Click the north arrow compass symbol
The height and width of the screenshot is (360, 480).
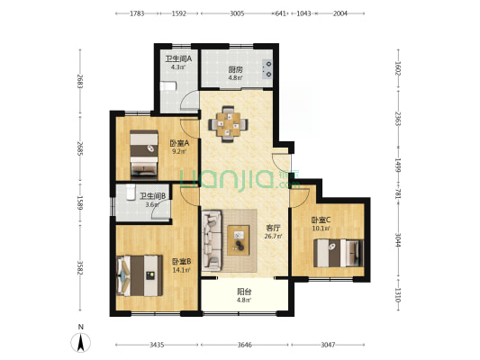coord(81,342)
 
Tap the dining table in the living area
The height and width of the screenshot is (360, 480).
coord(228,124)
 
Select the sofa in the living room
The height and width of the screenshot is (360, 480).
coord(212,240)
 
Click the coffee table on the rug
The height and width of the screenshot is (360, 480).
coord(239,240)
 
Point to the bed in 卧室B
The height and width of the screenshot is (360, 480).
coord(140,275)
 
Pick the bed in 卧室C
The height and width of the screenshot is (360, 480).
coord(339,253)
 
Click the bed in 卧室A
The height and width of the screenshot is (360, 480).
coord(144,155)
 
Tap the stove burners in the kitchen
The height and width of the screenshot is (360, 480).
coord(267,68)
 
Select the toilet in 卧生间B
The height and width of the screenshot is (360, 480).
coord(131,192)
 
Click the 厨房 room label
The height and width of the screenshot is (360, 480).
coord(235,69)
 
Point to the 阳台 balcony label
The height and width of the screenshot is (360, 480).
coord(244,292)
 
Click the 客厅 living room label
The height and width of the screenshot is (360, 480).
coord(273,228)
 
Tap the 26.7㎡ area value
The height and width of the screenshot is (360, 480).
coord(273,236)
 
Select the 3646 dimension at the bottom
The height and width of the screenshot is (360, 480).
coord(245,345)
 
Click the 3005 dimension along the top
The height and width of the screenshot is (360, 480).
coord(237,13)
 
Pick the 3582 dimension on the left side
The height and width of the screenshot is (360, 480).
coord(80,267)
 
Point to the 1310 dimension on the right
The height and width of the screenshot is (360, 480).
coord(398,295)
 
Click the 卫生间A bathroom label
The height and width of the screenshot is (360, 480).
coord(179,58)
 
